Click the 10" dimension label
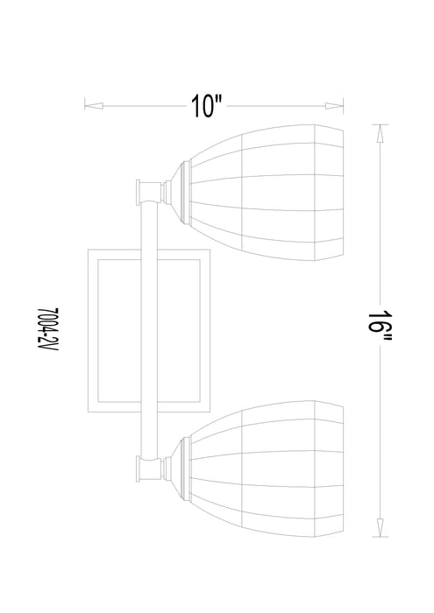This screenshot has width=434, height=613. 206,106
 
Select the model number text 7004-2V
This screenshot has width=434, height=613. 47,329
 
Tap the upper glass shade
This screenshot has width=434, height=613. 267,193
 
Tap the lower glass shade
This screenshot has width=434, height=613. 267,469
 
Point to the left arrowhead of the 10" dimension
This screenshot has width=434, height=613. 94,106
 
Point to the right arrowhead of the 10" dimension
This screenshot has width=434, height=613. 334,106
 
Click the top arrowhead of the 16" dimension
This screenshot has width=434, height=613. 380,134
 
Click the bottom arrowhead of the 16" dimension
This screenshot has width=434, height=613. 380,527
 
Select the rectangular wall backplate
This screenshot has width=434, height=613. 92,330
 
